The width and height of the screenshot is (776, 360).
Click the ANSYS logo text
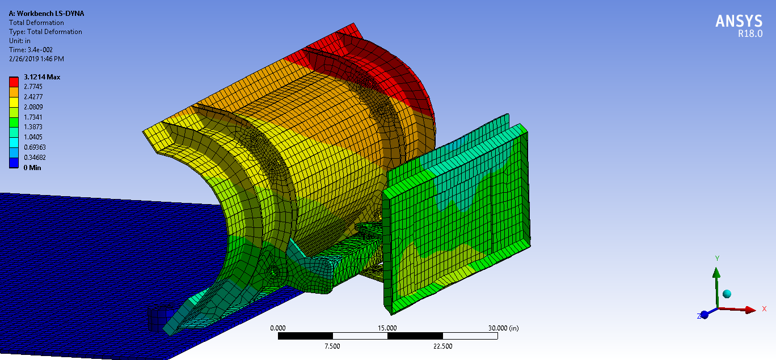pos(739,21)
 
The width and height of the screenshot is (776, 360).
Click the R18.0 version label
pos(749,34)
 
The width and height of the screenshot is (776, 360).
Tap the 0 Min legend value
pos(32,167)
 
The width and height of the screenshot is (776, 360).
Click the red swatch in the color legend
pos(14,82)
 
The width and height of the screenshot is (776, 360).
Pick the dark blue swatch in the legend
pos(14,163)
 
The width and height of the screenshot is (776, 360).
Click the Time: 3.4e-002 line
pos(31,50)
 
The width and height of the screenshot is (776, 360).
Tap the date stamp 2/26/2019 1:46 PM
pos(36,59)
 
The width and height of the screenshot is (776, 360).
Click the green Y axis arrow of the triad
pos(716,281)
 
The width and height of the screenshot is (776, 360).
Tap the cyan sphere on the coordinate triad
pos(727,294)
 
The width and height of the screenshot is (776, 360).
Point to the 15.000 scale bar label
pos(387,328)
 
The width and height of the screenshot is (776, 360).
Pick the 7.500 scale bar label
pos(332,346)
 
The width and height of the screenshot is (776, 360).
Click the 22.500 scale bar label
pos(442,346)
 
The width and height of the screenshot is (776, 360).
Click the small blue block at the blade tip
pos(155,319)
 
